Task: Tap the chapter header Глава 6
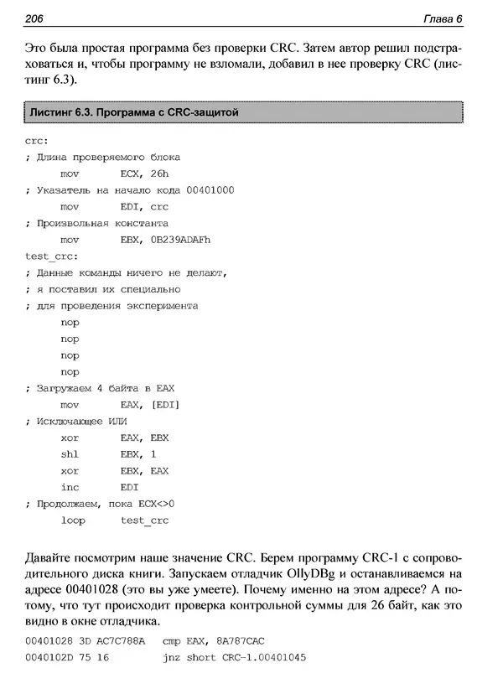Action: point(449,19)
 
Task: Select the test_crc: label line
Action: point(53,256)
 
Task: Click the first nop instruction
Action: point(70,322)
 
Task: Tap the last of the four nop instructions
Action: point(70,371)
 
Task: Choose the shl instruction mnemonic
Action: point(70,454)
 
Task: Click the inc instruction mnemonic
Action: point(70,487)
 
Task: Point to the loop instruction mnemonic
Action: point(72,520)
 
